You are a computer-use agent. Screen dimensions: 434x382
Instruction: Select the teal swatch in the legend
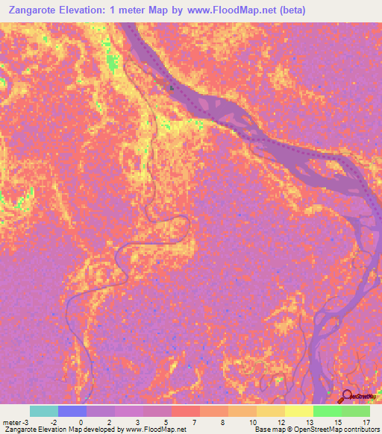pyautogui.click(x=44, y=411)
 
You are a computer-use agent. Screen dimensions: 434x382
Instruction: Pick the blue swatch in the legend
pyautogui.click(x=72, y=411)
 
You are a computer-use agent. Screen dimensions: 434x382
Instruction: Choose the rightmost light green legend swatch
pyautogui.click(x=356, y=411)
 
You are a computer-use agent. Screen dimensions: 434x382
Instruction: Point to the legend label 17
pyautogui.click(x=366, y=421)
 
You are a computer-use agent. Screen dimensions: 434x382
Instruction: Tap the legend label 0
pyautogui.click(x=81, y=421)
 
